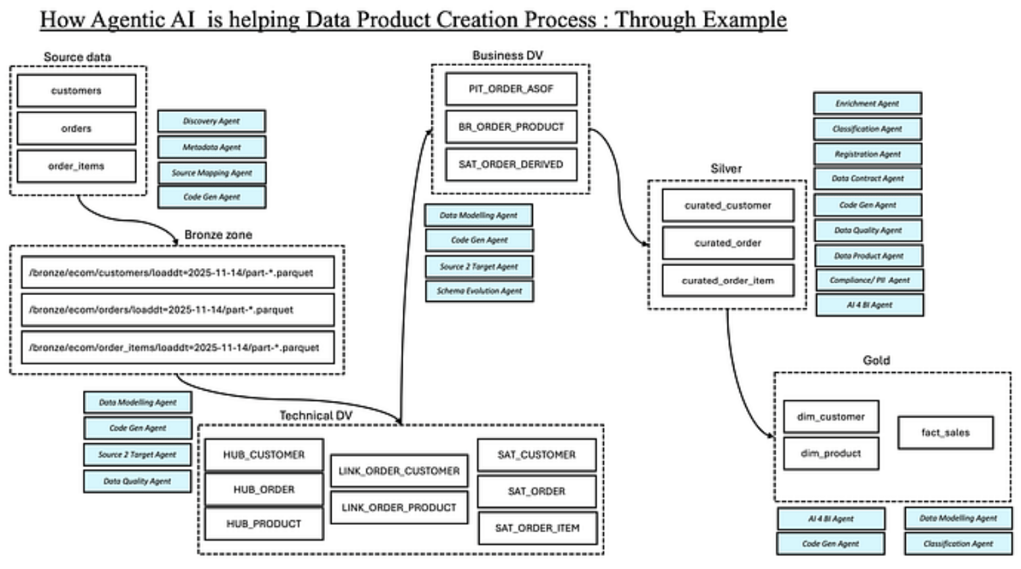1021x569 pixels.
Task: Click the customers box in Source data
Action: click(76, 91)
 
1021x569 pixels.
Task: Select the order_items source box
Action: click(76, 166)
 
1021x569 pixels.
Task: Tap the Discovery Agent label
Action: click(211, 121)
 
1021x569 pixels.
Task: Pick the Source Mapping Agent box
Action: click(211, 173)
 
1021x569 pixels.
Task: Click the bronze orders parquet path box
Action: click(178, 310)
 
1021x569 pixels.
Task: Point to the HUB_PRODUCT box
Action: click(264, 524)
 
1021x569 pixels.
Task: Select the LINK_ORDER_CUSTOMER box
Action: click(399, 471)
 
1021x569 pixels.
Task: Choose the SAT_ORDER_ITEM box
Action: click(537, 528)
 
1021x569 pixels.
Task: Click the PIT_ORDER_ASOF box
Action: click(510, 89)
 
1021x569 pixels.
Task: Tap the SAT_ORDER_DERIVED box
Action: click(510, 164)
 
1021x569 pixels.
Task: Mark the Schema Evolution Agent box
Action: click(479, 290)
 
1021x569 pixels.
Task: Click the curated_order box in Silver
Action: click(728, 243)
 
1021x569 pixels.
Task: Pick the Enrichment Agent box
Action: click(867, 103)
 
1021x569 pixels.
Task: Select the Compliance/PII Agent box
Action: click(869, 280)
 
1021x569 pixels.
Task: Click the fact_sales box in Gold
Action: click(945, 433)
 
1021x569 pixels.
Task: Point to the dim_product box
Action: click(831, 453)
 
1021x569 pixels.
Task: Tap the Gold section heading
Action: click(876, 360)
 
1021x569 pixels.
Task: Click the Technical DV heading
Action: click(316, 416)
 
